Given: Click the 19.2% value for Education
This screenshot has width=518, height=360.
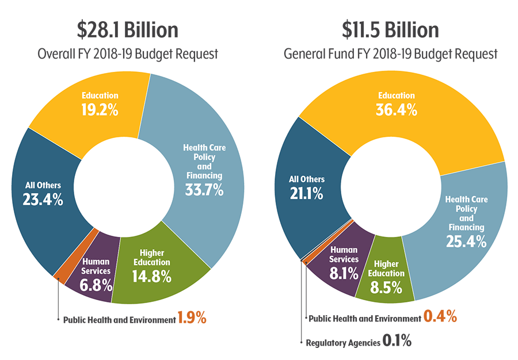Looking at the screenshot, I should (x=100, y=110).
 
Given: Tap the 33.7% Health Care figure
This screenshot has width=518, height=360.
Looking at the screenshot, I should (x=204, y=190).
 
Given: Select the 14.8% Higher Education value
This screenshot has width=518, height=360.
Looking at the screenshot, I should (x=152, y=276).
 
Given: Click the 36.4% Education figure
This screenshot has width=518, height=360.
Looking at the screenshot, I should (x=397, y=109).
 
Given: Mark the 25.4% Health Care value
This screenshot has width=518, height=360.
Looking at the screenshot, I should (x=466, y=242).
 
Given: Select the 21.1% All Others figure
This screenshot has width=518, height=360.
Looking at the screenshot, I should (x=306, y=193).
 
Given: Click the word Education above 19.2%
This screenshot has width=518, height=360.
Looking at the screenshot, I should (x=100, y=95).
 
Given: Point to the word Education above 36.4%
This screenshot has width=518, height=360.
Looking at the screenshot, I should (x=397, y=95).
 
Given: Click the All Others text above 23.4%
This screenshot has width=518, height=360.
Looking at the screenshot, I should (x=43, y=185).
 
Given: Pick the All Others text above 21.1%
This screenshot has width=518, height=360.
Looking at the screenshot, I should (x=306, y=179).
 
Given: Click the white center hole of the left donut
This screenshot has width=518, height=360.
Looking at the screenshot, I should (x=128, y=183).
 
